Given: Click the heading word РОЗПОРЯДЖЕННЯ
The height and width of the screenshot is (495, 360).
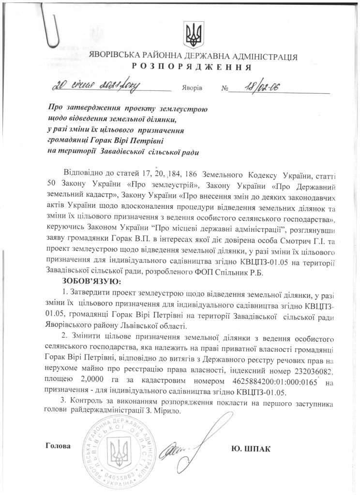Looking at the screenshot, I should click(193, 67).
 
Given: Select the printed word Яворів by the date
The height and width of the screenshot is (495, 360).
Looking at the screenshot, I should click(193, 89).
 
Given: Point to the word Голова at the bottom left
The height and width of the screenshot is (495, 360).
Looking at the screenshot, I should click(57, 445).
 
